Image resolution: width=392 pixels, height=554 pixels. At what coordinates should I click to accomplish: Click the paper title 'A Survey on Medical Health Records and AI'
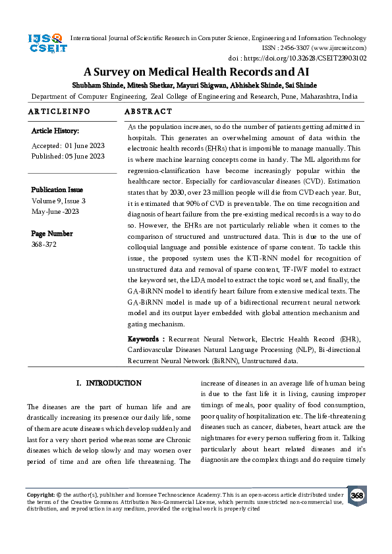point(196,71)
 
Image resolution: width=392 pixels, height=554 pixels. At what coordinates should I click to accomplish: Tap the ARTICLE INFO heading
point(59,112)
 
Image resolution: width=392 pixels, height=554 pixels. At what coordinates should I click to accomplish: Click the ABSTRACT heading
point(148,112)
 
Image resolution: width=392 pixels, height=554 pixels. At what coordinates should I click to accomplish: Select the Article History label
point(55,132)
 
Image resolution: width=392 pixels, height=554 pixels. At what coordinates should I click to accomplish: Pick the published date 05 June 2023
point(84,156)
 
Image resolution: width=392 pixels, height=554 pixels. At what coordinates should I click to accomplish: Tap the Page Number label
point(53,234)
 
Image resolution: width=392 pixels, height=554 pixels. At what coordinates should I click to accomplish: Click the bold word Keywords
point(145,339)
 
